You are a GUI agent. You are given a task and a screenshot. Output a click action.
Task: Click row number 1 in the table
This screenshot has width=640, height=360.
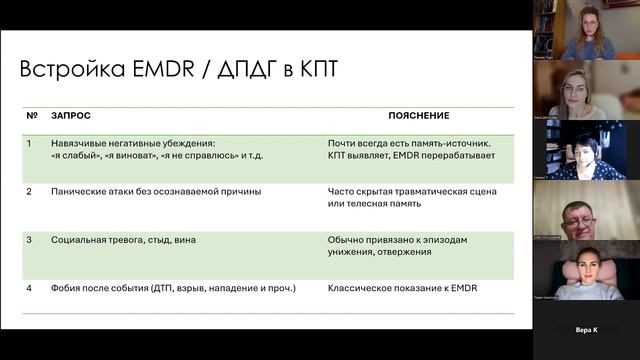pyautogui.click(x=30, y=143)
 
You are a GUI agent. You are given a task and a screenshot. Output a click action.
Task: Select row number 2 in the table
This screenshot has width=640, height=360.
pyautogui.click(x=30, y=190)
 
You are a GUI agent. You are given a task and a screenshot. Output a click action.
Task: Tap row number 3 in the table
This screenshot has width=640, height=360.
pyautogui.click(x=30, y=240)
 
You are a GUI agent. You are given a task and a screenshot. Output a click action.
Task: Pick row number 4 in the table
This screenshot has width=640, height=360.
pyautogui.click(x=30, y=287)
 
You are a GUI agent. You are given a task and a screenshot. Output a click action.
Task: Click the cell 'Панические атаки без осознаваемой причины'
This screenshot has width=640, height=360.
pyautogui.click(x=155, y=190)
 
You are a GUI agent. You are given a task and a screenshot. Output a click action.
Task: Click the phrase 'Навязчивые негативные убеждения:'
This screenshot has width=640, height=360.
pyautogui.click(x=133, y=143)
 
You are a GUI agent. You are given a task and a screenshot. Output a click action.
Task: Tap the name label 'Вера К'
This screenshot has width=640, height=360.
pyautogui.click(x=586, y=328)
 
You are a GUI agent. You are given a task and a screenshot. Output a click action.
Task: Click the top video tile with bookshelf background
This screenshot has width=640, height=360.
pyautogui.click(x=585, y=30)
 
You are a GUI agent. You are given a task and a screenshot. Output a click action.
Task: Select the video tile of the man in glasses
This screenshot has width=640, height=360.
pyautogui.click(x=585, y=210)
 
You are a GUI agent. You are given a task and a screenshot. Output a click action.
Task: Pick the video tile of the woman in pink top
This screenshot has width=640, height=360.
pyautogui.click(x=585, y=270)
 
